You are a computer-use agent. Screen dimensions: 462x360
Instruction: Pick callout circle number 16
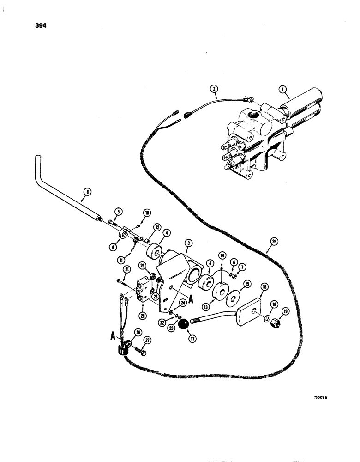[x=264, y=287]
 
